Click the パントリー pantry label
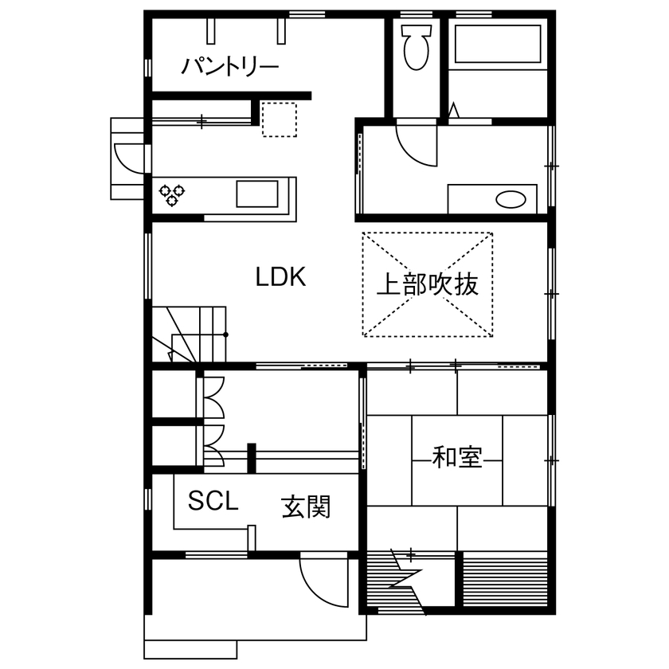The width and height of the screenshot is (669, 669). click(229, 66)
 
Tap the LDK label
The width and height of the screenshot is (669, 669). click(280, 277)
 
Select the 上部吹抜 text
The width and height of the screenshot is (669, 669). click(428, 284)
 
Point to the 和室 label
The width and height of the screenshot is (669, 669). click(457, 458)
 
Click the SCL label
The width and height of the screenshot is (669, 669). click(213, 501)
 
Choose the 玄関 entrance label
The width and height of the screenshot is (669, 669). click(307, 506)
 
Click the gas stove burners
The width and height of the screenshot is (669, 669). click(173, 194)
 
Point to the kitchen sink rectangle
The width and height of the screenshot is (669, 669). click(256, 194)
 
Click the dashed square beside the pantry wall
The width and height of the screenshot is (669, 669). click(280, 119)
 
